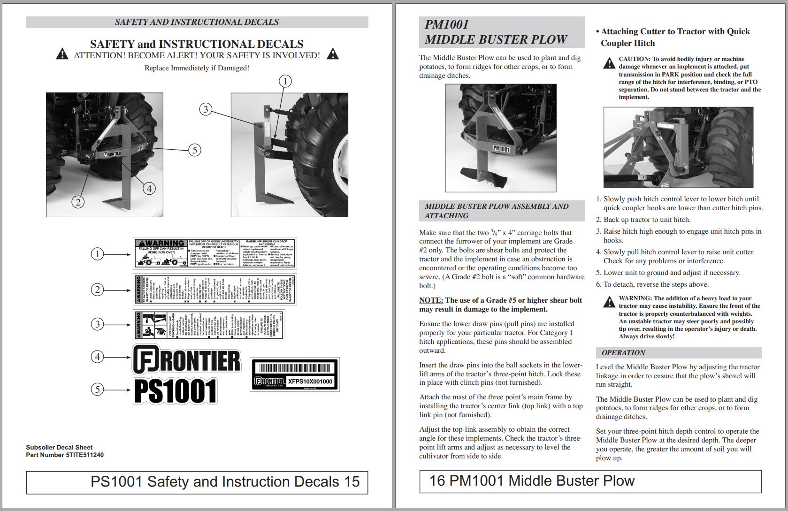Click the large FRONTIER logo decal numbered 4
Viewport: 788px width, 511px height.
tap(187, 359)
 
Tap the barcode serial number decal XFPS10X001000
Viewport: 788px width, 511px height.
tap(295, 374)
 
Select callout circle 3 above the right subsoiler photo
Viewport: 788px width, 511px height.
tap(205, 109)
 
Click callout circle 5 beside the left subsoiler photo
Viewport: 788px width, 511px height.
tap(194, 150)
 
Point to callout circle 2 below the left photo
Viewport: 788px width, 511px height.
tap(78, 202)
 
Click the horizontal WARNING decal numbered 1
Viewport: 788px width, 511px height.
tap(214, 253)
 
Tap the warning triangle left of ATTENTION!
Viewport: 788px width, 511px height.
tap(62, 54)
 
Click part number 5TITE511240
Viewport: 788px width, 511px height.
tap(84, 455)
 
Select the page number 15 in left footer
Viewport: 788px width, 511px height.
tap(351, 482)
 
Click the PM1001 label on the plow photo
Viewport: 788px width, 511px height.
tap(501, 149)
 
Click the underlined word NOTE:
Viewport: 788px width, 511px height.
tap(431, 300)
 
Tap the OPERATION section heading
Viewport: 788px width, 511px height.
tap(623, 353)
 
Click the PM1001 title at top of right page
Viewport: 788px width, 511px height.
tap(446, 24)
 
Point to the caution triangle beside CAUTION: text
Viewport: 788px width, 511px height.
tap(609, 63)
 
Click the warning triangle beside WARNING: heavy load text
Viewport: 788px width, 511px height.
tap(609, 302)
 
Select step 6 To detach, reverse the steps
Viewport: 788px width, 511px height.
tap(652, 284)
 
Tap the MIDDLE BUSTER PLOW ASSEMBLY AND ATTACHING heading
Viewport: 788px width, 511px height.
tap(496, 211)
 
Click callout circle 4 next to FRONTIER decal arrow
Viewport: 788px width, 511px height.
tap(98, 357)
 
